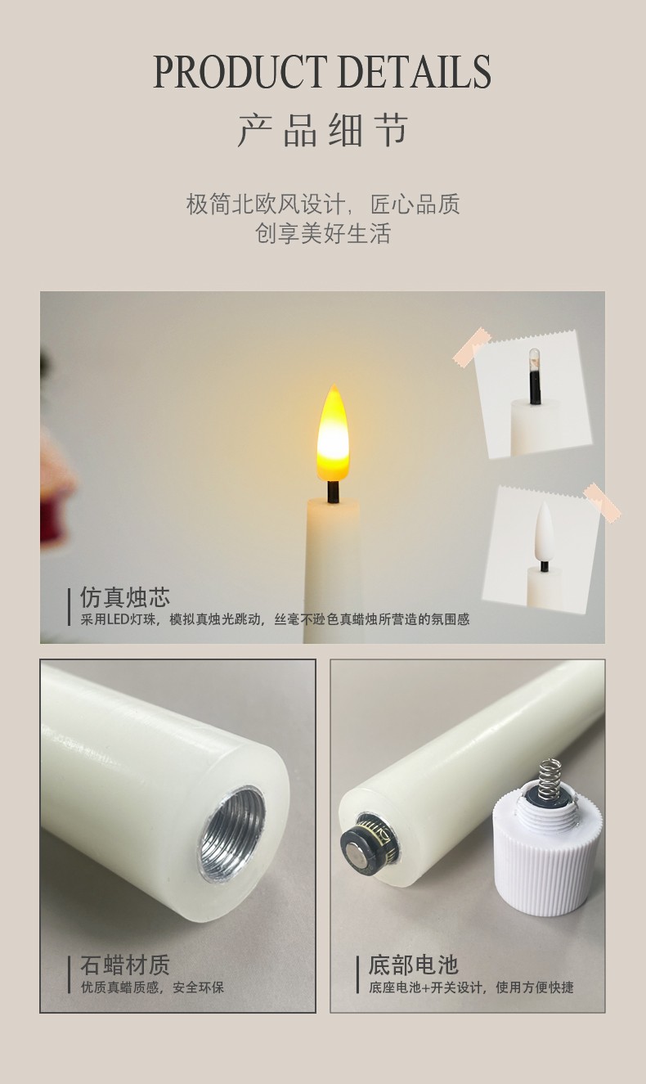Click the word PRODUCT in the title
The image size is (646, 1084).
[x=240, y=72]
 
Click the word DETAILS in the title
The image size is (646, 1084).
[x=415, y=72]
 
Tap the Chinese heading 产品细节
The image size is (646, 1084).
[x=322, y=130]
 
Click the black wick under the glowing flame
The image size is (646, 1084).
[x=333, y=492]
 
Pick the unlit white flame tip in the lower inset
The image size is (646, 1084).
[x=545, y=531]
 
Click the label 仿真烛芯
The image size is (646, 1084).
[x=125, y=597]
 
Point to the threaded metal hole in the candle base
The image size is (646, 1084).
[x=232, y=834]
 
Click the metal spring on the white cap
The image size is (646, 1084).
[x=549, y=780]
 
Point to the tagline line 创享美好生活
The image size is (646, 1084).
[x=322, y=233]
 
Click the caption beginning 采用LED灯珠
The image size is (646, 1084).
[x=275, y=619]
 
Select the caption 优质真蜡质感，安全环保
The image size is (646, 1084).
[x=152, y=987]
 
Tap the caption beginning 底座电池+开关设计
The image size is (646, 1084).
[x=472, y=987]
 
